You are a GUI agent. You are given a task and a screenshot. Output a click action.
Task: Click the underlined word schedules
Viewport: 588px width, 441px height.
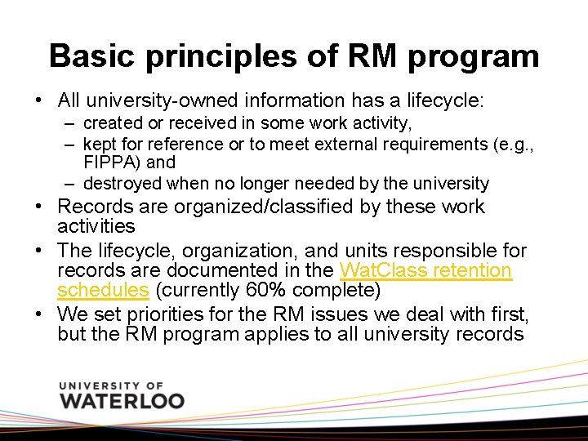103,290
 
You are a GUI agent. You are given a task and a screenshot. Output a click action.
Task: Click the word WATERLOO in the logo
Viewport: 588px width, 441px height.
122,401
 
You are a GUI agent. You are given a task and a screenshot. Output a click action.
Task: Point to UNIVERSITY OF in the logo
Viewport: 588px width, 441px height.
112,385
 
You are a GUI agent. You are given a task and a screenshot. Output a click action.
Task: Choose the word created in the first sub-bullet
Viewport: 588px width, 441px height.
110,123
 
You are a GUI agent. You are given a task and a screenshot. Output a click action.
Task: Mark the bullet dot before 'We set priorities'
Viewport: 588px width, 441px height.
39,314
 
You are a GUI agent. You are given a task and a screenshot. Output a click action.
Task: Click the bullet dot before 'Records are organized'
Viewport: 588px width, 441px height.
39,207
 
